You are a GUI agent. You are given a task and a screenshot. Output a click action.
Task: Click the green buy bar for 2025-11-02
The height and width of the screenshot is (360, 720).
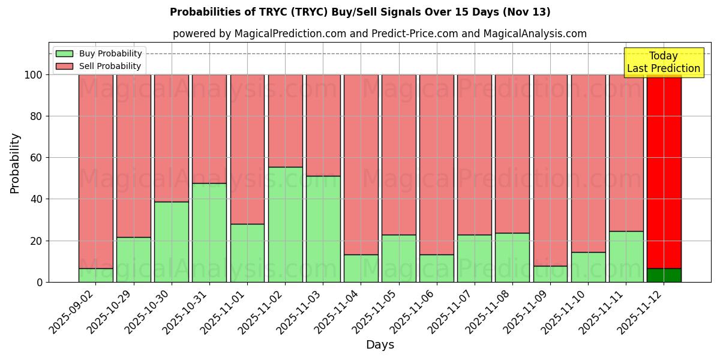coord(285,224)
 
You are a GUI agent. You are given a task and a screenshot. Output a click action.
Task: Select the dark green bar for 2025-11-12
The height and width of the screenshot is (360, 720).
coord(664,275)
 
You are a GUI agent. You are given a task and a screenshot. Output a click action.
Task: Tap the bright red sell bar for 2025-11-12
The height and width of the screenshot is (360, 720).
coord(664,171)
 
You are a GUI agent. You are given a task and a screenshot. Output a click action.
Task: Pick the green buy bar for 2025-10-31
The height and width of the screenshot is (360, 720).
coord(209,233)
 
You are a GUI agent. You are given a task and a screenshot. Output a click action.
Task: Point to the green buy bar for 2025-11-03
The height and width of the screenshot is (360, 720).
coord(323,229)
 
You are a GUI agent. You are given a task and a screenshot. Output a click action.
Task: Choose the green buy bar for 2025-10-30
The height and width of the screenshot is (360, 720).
coord(172,242)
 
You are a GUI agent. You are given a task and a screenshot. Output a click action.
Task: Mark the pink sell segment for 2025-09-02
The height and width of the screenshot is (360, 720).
coord(96,171)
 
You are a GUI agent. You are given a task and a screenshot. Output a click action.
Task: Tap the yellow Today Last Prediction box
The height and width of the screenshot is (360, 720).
coord(664,62)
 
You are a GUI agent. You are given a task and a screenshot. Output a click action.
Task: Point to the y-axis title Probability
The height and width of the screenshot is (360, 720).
coord(15,163)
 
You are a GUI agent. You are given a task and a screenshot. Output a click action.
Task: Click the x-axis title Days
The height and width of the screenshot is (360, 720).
coord(380,345)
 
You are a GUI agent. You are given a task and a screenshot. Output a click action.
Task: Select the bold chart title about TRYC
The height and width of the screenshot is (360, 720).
coord(360,12)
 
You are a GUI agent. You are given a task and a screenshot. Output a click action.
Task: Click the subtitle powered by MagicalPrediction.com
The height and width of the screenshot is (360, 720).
coord(379,34)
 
